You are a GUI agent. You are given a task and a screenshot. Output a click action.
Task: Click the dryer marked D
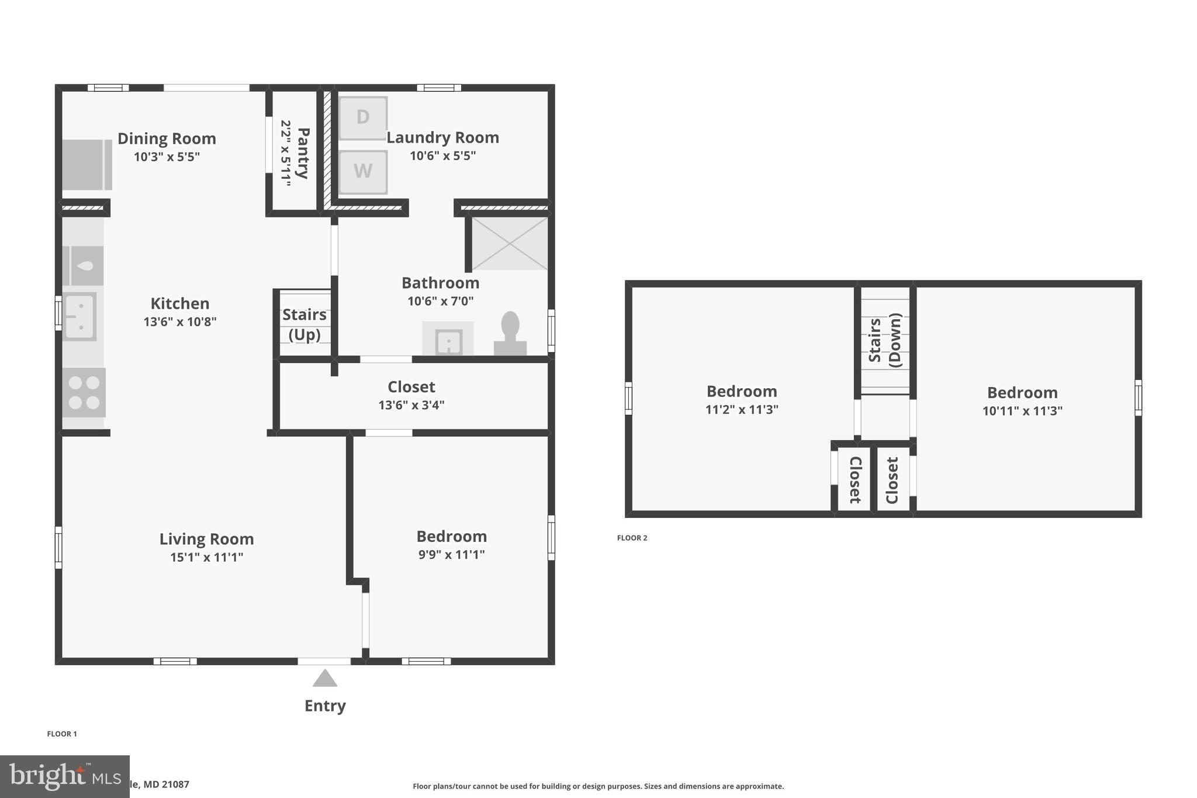coord(363,118)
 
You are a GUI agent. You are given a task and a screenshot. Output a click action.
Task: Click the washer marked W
coord(363,172)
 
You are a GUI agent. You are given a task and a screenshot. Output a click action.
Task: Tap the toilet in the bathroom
coord(510,333)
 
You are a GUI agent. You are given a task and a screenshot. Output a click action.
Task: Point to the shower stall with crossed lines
coord(509,243)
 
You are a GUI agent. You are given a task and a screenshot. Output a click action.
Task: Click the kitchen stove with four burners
coord(84,392)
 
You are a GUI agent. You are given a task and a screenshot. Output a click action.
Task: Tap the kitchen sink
coord(79,317)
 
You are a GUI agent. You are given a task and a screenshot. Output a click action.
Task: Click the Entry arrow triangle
coord(325,679)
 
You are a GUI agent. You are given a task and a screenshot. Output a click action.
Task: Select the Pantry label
coord(303,153)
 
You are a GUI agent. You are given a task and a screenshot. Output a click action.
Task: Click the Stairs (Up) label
coord(305,324)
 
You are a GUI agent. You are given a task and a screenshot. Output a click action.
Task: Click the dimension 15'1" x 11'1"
coord(206,557)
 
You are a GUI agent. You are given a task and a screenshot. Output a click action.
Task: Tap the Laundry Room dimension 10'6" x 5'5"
coord(442,156)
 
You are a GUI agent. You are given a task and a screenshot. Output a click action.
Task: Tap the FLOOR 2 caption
coord(632,538)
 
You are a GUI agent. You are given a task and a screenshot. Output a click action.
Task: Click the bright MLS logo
coord(64,776)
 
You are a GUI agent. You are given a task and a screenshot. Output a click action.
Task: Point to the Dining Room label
coord(167,139)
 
